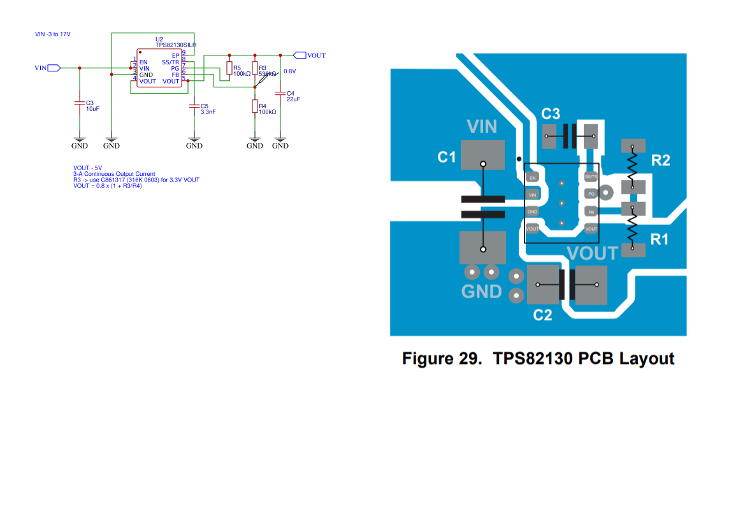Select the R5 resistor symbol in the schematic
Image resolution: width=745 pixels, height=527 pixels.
tap(229, 69)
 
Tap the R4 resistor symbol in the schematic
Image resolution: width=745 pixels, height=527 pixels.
tap(255, 107)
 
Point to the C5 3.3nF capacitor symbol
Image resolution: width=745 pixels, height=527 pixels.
tap(194, 106)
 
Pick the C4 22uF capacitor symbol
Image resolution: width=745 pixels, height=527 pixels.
tap(280, 94)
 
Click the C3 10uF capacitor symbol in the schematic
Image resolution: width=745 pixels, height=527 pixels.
tap(80, 103)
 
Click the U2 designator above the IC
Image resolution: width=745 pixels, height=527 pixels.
tap(159, 40)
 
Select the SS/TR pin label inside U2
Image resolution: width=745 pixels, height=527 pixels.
tap(170, 62)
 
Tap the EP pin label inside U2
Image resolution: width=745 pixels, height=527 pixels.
tap(175, 56)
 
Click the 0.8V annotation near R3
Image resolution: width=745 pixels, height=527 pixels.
tap(290, 71)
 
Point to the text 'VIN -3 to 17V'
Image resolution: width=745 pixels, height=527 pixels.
tap(53, 34)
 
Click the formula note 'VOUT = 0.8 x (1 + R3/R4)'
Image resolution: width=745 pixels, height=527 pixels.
tap(108, 186)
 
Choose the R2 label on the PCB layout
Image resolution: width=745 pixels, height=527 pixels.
tap(660, 161)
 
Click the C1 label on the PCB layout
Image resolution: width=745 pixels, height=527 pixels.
tap(447, 157)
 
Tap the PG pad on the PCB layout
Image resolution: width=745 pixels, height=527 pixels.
tap(591, 193)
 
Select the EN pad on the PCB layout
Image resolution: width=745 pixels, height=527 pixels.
tap(533, 177)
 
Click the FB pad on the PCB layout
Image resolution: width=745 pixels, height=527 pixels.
tap(591, 212)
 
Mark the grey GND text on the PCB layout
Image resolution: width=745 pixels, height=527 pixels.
tap(481, 291)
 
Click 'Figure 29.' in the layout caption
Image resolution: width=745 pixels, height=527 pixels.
tap(438, 359)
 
